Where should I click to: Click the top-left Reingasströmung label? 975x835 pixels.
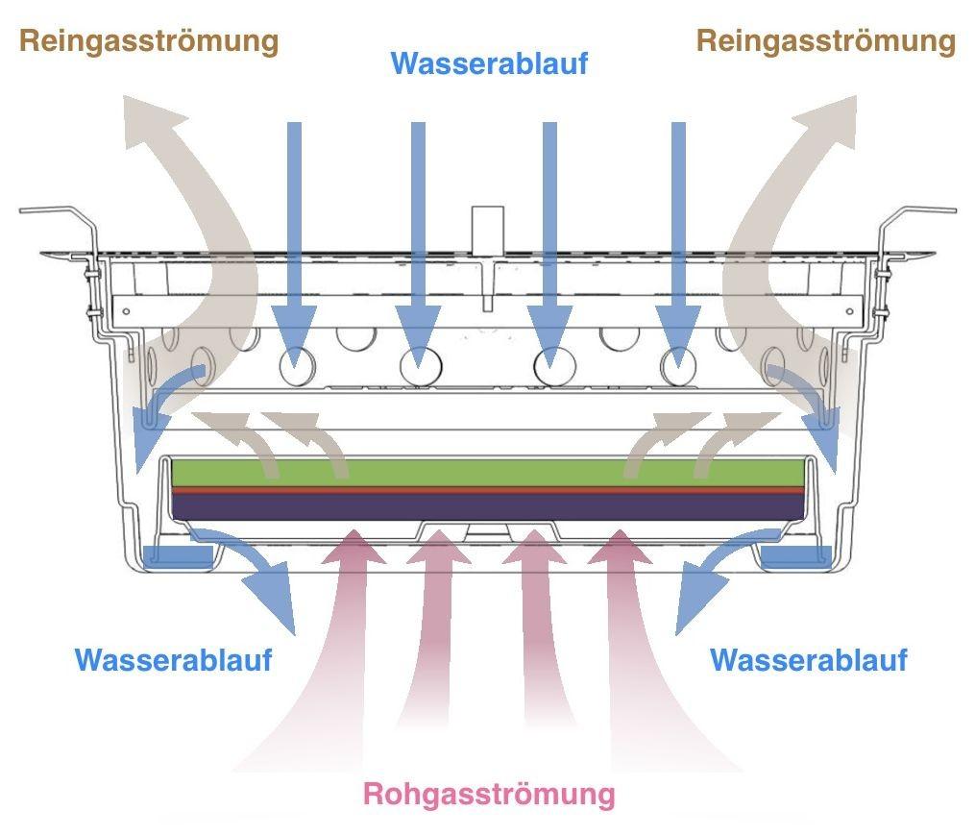pos(149,41)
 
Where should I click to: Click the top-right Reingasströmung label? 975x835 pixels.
pos(825,41)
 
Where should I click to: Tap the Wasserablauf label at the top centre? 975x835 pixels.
pos(489,64)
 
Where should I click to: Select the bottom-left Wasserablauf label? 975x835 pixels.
pos(174,660)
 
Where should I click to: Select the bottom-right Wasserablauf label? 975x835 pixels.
pos(808,660)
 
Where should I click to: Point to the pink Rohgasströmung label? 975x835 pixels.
pos(488,795)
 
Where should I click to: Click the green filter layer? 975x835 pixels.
pos(487,472)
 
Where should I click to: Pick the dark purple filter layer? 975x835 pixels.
pos(487,506)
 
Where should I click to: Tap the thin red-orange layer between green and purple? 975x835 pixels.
pos(487,489)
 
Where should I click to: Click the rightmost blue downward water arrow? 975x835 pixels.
pos(678,240)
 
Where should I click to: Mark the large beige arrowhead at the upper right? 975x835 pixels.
pos(824,120)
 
